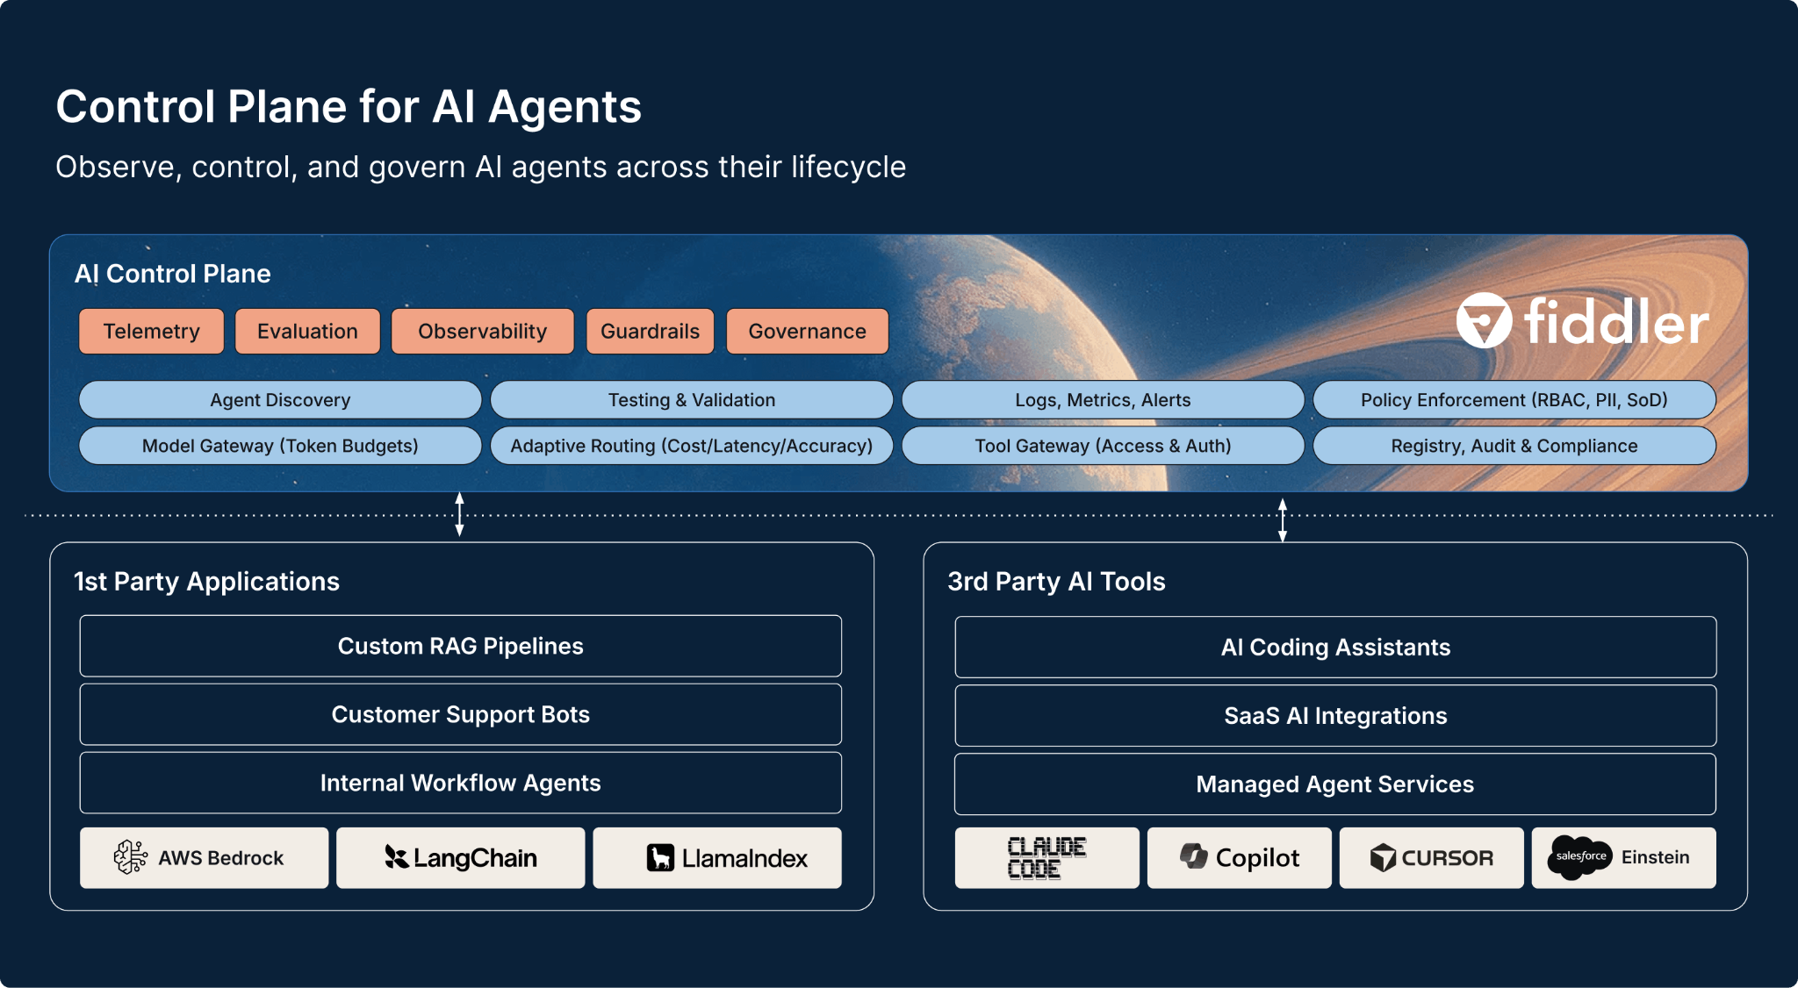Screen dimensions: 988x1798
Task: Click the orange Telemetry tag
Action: pos(151,332)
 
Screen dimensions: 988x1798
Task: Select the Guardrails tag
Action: pos(650,332)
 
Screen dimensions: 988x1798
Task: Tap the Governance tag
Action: pos(807,332)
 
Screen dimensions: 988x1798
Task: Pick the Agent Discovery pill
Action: pos(280,400)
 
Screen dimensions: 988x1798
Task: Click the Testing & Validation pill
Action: pos(691,400)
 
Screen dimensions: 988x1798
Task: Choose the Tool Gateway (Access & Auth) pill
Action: pos(1103,446)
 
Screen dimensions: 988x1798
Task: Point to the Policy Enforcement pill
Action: pos(1514,400)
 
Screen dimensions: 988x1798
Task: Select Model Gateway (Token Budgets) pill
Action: pos(280,446)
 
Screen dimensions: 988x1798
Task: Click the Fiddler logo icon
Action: pos(1484,321)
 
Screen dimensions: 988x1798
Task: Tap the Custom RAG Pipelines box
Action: pos(460,647)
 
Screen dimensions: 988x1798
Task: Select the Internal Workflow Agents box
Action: pos(460,783)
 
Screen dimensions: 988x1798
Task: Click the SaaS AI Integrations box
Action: pos(1335,716)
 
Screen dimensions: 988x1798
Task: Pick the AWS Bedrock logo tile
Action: pos(204,858)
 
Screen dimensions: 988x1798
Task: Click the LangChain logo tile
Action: pos(460,858)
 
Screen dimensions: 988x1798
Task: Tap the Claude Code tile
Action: pos(1046,858)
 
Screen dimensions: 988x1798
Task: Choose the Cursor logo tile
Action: pos(1431,858)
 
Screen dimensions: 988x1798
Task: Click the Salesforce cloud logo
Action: pos(1579,857)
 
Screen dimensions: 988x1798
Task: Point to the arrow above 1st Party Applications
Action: pos(459,514)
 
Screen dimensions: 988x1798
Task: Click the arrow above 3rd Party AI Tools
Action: pos(1283,519)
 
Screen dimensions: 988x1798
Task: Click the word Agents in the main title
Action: pos(565,107)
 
